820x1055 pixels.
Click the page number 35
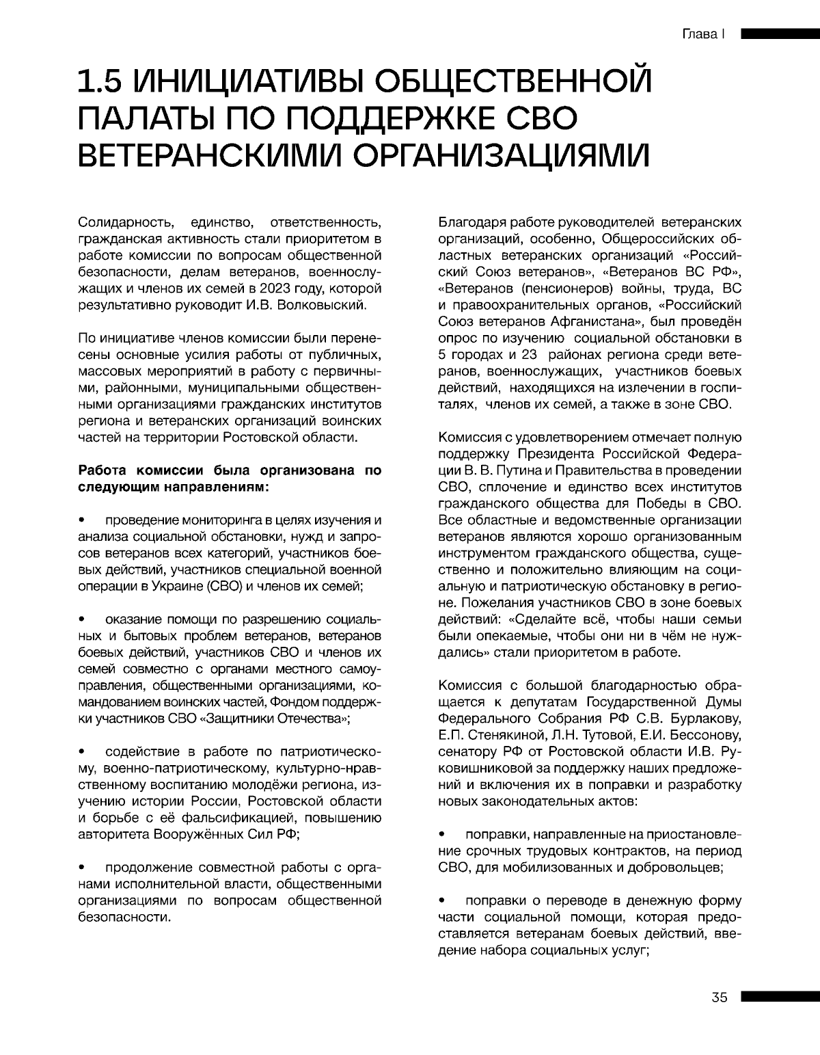(720, 997)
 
